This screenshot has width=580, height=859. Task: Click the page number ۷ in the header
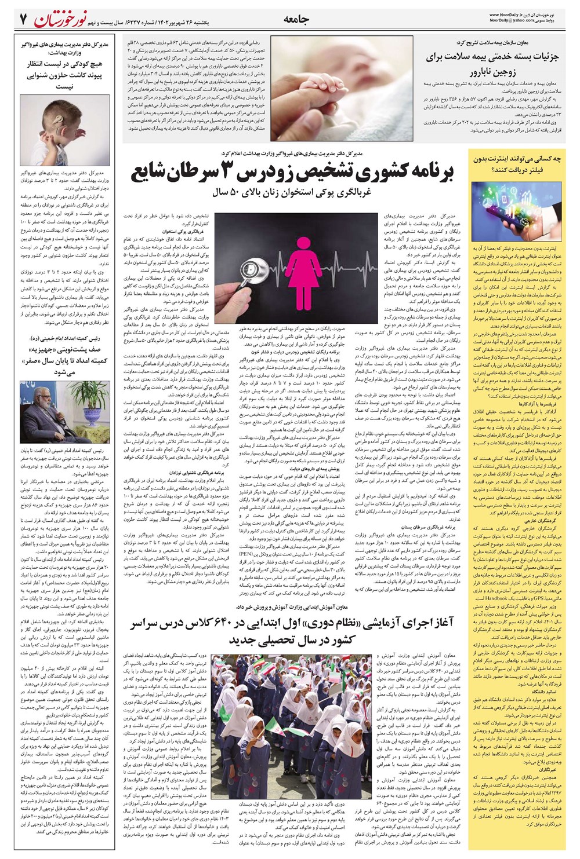(x=23, y=19)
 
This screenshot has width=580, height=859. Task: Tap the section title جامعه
(x=296, y=19)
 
